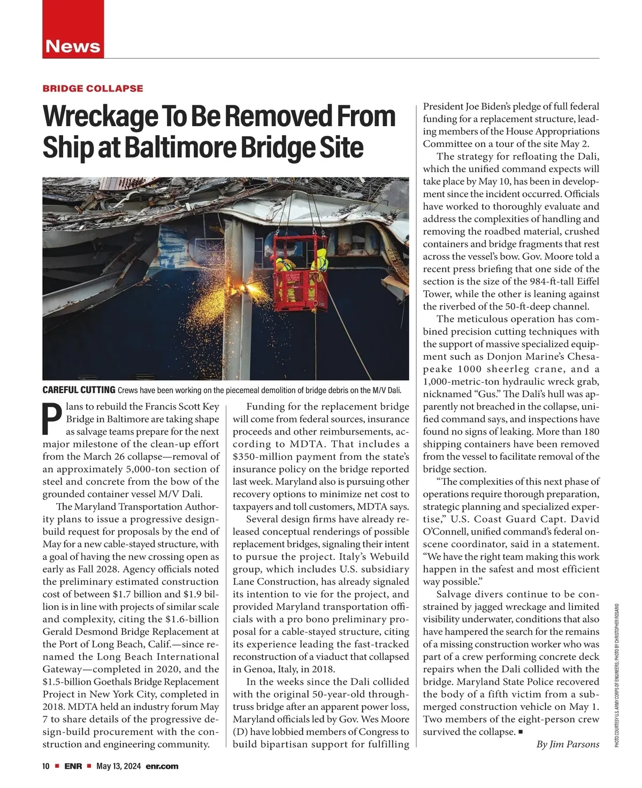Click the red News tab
pyautogui.click(x=73, y=46)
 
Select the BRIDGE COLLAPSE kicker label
pyautogui.click(x=93, y=88)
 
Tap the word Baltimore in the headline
pyautogui.click(x=181, y=147)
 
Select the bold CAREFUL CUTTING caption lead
pyautogui.click(x=79, y=389)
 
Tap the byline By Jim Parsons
pyautogui.click(x=567, y=744)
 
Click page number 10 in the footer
pyautogui.click(x=46, y=766)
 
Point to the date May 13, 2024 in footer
pyautogui.click(x=118, y=766)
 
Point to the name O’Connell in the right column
pyautogui.click(x=447, y=544)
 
